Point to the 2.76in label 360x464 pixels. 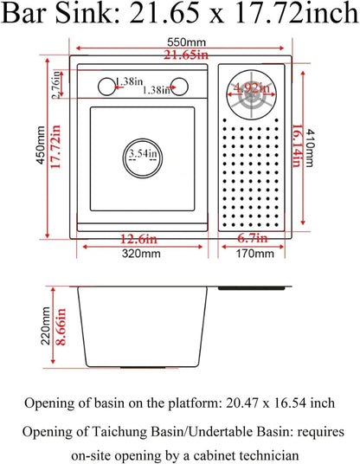click(x=59, y=86)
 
